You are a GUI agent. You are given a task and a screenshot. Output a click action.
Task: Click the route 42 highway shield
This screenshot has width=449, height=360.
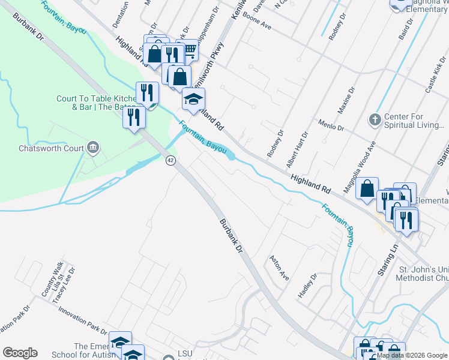[x=171, y=161]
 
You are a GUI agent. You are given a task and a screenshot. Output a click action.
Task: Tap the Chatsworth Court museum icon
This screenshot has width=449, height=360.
[x=93, y=148]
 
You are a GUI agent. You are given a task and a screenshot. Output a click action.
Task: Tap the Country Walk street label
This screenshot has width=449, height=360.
[x=49, y=281]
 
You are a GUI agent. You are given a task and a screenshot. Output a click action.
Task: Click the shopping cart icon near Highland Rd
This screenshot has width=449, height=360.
[x=188, y=52]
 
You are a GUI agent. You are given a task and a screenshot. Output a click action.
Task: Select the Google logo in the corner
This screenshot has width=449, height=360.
[x=20, y=353]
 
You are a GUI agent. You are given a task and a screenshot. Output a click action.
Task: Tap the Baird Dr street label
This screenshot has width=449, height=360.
[x=407, y=30]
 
